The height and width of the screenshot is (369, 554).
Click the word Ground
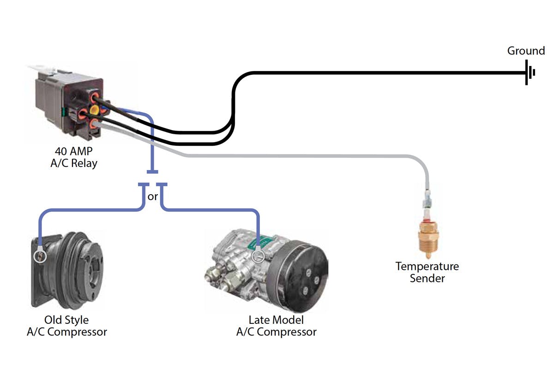pos(526,51)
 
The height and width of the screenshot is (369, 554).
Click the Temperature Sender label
pos(427,272)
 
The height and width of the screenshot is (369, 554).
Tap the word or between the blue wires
pos(152,196)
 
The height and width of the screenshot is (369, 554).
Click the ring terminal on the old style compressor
pos(41,256)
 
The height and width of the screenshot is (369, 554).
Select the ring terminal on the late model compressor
pos(258,256)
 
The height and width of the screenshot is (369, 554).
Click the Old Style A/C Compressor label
pos(66,326)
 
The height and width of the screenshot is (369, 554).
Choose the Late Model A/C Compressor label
pos(276,326)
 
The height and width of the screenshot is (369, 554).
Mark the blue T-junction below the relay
pos(152,172)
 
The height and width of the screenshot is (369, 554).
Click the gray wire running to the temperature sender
pos(300,156)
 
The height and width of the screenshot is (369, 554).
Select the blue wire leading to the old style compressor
pos(88,211)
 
